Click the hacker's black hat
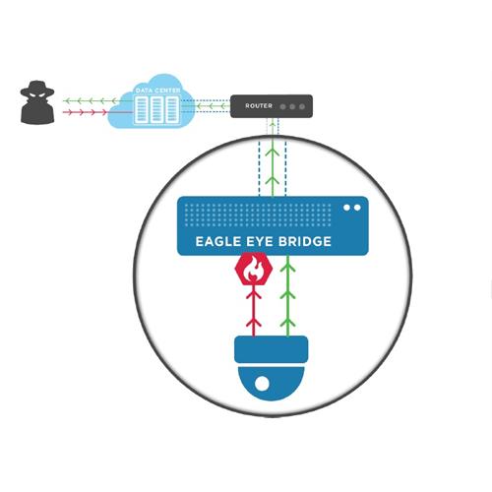point(37,88)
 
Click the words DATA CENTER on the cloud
point(157,91)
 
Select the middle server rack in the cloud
point(156,110)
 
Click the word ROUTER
point(259,106)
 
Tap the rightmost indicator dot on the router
point(302,106)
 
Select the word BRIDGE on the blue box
point(305,242)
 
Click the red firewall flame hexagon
point(254,269)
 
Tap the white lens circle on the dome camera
point(262,384)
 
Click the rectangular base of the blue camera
point(272,349)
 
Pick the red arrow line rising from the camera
point(254,311)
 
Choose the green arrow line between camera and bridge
point(287,296)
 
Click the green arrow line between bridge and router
point(273,159)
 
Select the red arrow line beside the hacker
point(86,112)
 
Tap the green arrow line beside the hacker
point(91,100)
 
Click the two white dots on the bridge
point(352,208)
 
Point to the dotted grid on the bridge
point(258,215)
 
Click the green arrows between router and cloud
point(213,106)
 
